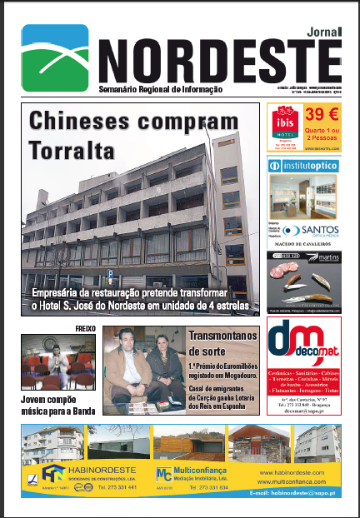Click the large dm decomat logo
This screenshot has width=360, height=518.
coord(297,349)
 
